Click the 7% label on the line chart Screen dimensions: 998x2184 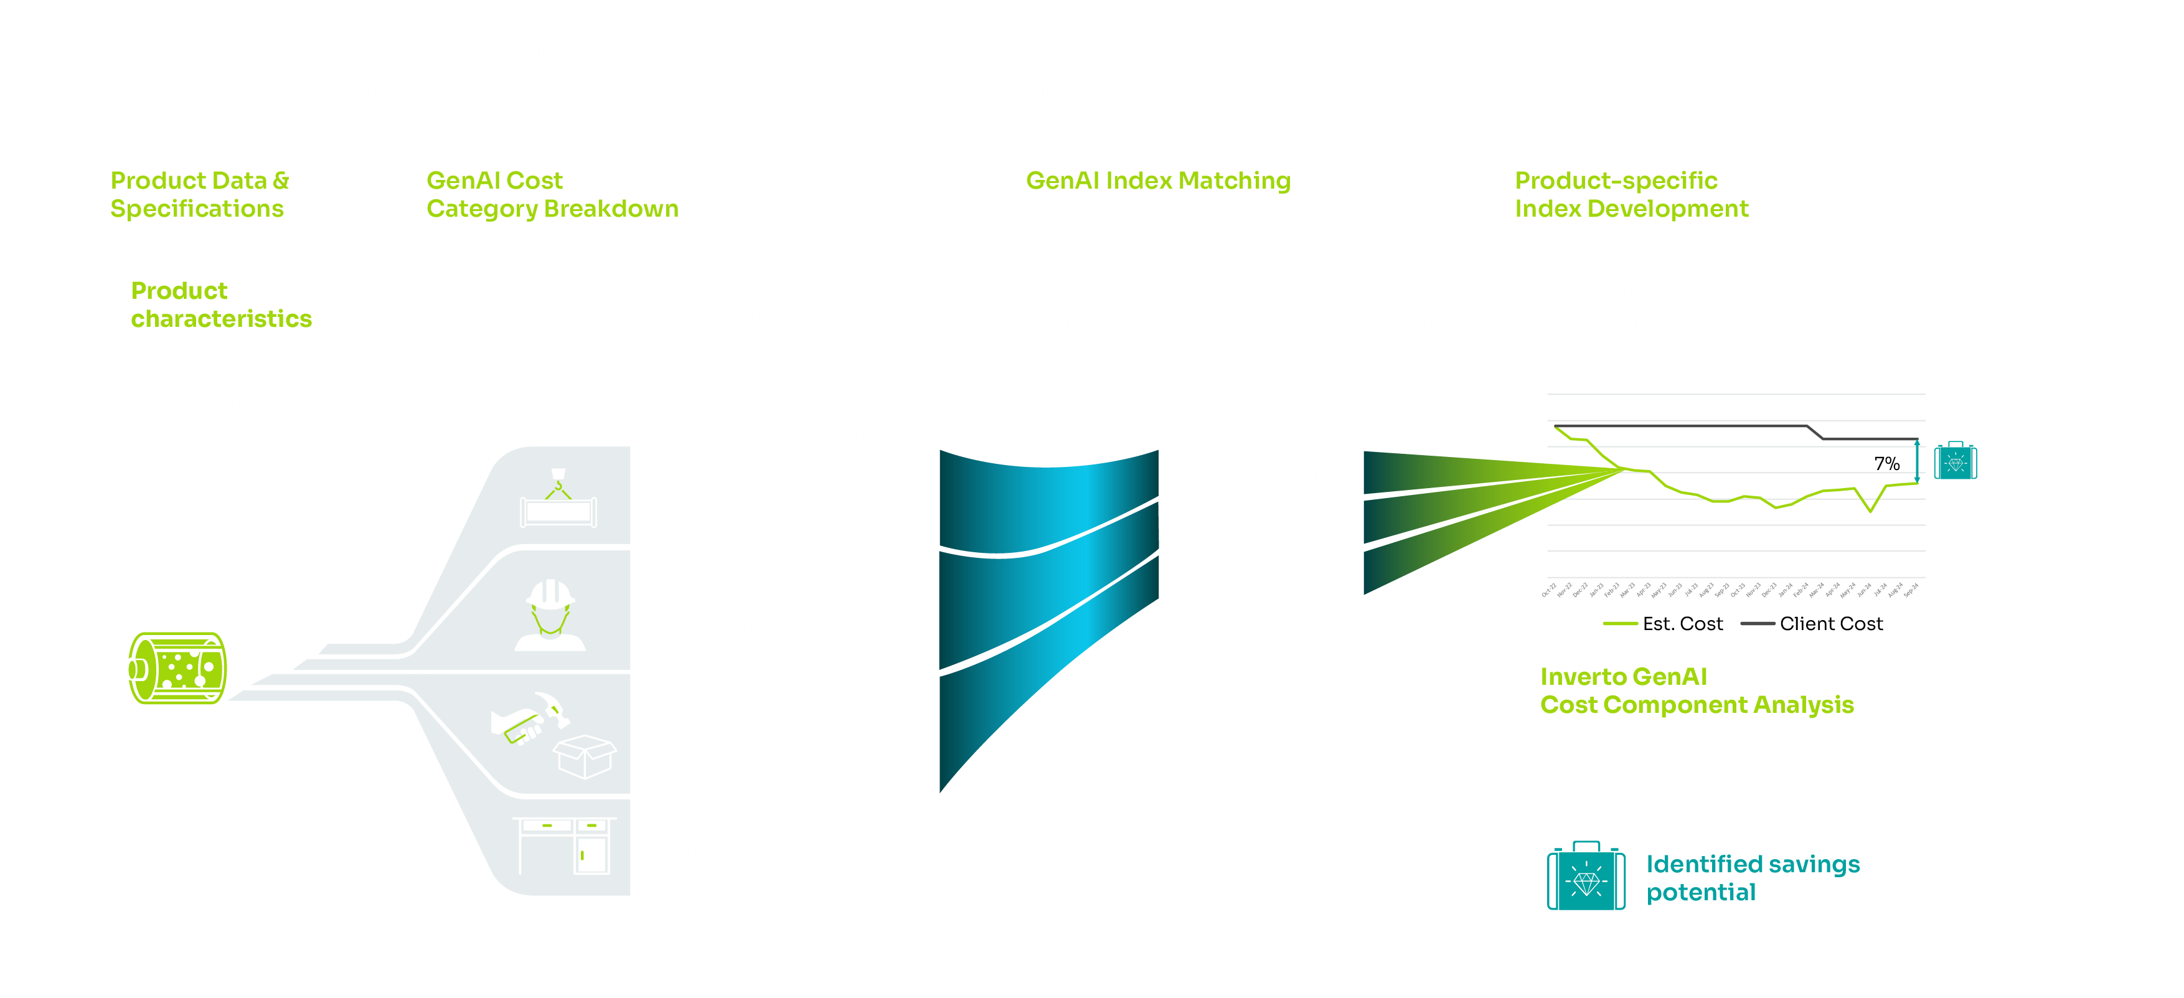(x=1886, y=464)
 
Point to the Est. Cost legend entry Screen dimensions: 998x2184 (x=1664, y=624)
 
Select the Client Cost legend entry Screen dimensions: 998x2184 (x=1813, y=624)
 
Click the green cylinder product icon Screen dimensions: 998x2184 (x=177, y=668)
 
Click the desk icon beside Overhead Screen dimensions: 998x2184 (x=565, y=845)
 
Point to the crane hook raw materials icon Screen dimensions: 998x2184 (x=558, y=499)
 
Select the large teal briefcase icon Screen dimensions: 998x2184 (x=1586, y=877)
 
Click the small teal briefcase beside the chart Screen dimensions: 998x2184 (x=1955, y=461)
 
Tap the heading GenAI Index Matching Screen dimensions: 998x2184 (x=1157, y=181)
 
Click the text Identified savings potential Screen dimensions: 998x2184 (x=1753, y=878)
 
